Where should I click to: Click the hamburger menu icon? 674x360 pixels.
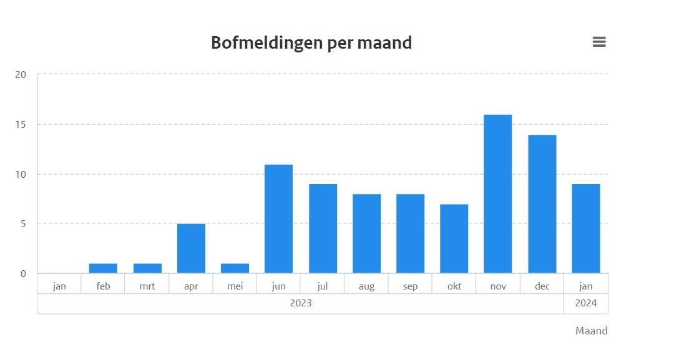(x=599, y=42)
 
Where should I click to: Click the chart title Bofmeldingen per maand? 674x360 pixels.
(x=311, y=42)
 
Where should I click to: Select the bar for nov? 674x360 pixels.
(x=498, y=194)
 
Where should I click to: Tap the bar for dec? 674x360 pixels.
(x=542, y=204)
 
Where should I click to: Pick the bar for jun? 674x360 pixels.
(x=278, y=219)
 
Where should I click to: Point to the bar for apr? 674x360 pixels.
(x=191, y=248)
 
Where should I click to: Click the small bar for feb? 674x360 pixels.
(x=103, y=268)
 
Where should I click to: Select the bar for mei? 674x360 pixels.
(x=235, y=268)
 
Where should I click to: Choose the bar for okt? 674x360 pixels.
(x=454, y=238)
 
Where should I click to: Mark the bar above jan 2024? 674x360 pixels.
(x=586, y=228)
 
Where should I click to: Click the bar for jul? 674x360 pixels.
(x=323, y=228)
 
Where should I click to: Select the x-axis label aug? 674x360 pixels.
(x=366, y=286)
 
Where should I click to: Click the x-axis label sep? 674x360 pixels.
(x=410, y=286)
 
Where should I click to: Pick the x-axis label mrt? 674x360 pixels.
(x=147, y=286)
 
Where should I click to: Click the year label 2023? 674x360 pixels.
(x=300, y=304)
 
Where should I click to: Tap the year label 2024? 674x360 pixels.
(x=586, y=304)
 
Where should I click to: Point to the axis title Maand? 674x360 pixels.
(x=591, y=331)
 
